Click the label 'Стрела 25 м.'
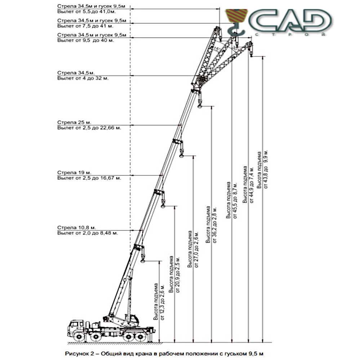(x=74, y=122)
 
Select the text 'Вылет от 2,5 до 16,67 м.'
(x=89, y=178)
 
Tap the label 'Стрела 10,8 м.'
(x=76, y=227)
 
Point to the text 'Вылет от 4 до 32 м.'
(x=83, y=78)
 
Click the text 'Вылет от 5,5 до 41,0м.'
(x=86, y=12)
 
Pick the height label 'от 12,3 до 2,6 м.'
(x=163, y=302)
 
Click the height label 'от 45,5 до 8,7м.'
(x=235, y=200)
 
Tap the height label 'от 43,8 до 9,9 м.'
(x=266, y=169)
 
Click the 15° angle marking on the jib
(x=217, y=49)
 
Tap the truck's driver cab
(x=76, y=327)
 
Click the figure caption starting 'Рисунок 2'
(x=164, y=354)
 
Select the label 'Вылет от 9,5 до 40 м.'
(x=86, y=40)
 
